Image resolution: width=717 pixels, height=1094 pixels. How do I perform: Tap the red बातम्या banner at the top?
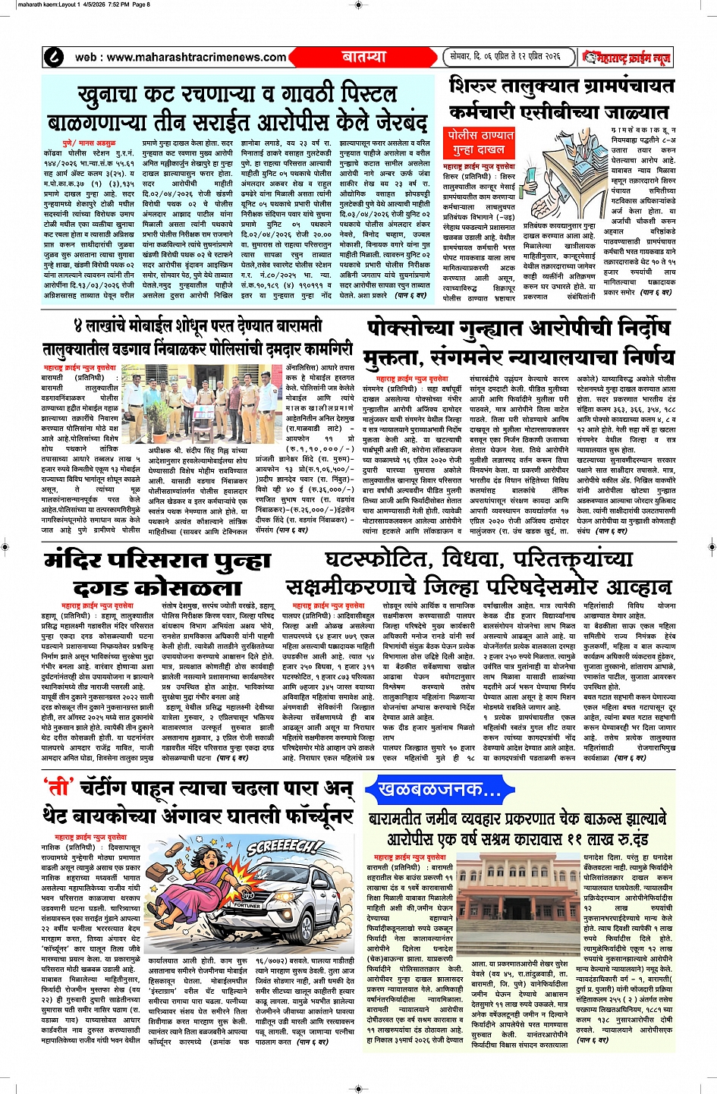[x=364, y=57]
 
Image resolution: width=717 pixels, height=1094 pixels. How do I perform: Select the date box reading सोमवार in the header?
[x=505, y=57]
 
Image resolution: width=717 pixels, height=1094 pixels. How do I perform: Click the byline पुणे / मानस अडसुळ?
[x=89, y=143]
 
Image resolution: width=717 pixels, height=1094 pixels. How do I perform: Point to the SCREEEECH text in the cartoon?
[x=285, y=847]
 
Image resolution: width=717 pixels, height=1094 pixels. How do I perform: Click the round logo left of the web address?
[x=55, y=57]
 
